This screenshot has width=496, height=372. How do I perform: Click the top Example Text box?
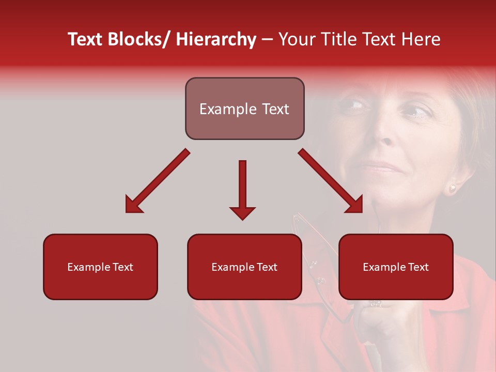244,109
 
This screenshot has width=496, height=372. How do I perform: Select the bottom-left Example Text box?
100,267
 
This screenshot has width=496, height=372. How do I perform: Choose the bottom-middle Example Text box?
244,267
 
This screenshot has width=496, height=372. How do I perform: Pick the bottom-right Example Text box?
396,267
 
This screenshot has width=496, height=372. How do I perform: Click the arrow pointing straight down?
242,189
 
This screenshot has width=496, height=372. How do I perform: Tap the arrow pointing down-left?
158,181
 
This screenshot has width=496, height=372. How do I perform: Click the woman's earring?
452,189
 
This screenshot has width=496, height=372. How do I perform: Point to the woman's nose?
385,137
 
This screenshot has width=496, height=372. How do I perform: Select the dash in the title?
267,40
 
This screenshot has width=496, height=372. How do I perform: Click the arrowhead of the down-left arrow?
133,205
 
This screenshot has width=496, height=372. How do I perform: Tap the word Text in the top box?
274,109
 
